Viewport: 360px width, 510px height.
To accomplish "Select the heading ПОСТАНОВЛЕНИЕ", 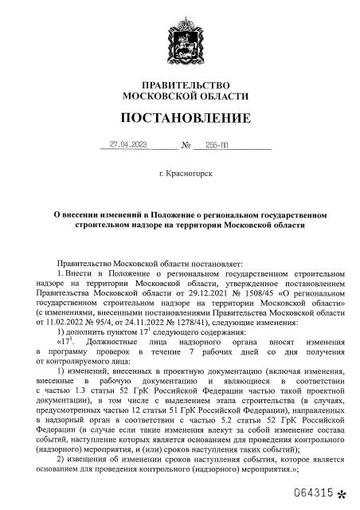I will point(182,119).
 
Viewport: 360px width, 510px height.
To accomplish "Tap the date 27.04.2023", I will point(129,146).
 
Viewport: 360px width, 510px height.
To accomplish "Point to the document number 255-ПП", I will point(217,146).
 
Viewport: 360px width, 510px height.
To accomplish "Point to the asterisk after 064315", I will point(342,496).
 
